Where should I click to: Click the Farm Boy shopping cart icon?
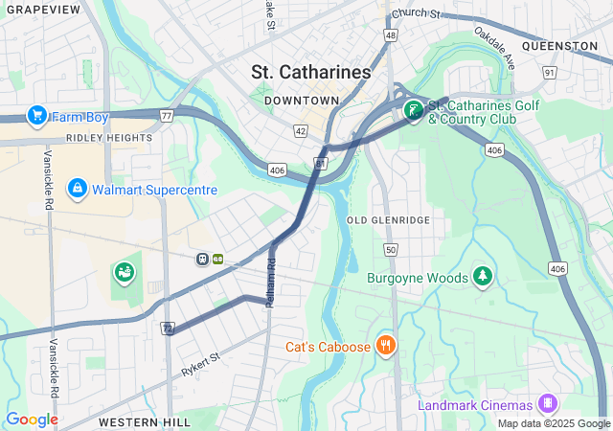pyautogui.click(x=37, y=117)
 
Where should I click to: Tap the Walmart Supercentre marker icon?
pyautogui.click(x=78, y=189)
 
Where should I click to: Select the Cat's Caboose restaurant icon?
pyautogui.click(x=386, y=346)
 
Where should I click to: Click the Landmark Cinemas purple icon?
pyautogui.click(x=547, y=404)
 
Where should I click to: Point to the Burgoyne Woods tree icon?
pyautogui.click(x=483, y=278)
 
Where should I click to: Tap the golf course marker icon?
pyautogui.click(x=413, y=111)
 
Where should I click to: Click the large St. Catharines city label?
pyautogui.click(x=311, y=72)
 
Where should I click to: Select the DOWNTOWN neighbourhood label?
pyautogui.click(x=302, y=101)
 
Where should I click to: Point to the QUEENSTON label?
pyautogui.click(x=560, y=45)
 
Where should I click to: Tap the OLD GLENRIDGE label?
pyautogui.click(x=388, y=220)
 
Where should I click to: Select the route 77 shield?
pyautogui.click(x=167, y=116)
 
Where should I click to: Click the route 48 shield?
pyautogui.click(x=391, y=34)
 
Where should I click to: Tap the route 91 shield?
pyautogui.click(x=549, y=72)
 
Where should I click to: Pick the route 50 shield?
pyautogui.click(x=390, y=250)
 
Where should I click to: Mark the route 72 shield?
pyautogui.click(x=168, y=329)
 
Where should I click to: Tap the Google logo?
pyautogui.click(x=32, y=420)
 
